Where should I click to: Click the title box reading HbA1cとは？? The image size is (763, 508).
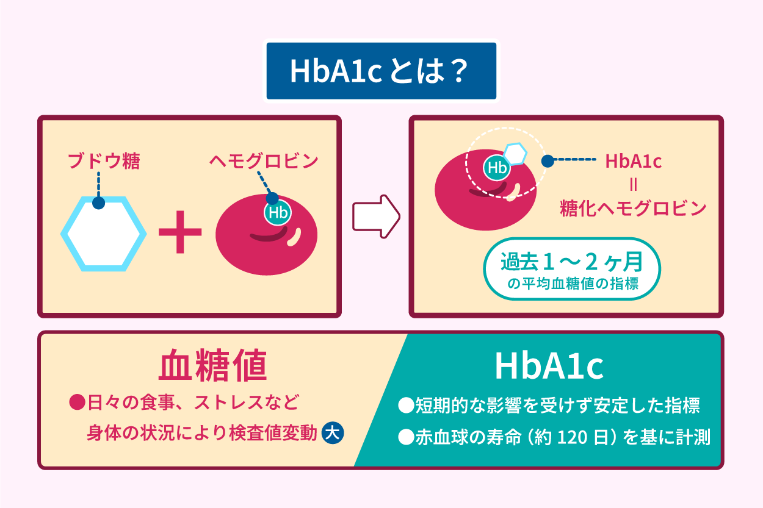(x=381, y=71)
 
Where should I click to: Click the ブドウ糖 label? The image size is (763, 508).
(x=103, y=162)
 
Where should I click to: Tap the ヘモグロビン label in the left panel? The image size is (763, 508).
(x=263, y=161)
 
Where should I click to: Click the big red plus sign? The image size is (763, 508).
(x=180, y=233)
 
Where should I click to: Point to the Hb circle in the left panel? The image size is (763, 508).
(x=277, y=213)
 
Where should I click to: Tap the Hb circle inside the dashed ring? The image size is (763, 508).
(x=497, y=168)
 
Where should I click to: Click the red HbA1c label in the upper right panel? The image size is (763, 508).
(x=633, y=161)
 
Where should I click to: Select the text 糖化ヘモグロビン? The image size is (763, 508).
(x=633, y=209)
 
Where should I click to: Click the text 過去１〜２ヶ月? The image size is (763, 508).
(x=572, y=262)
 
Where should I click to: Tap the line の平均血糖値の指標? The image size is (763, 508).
(x=573, y=284)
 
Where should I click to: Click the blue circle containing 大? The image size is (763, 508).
(x=333, y=432)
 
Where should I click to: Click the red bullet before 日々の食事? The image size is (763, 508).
(x=76, y=403)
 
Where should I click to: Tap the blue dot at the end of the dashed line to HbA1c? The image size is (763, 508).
(x=548, y=160)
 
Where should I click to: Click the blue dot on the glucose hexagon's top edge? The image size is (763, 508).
(x=98, y=202)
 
